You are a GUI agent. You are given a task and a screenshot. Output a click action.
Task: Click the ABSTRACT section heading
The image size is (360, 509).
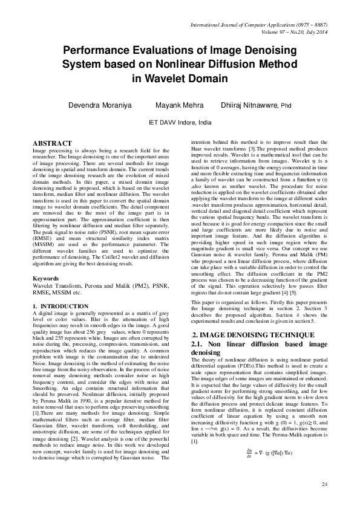(x=52, y=143)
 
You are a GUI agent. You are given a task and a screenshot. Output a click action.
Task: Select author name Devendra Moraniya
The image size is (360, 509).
(x=99, y=105)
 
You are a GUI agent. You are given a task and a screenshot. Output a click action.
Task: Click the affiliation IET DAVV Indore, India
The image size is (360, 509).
(x=180, y=122)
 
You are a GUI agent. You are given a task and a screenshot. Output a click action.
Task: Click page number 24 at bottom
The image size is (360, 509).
(x=324, y=484)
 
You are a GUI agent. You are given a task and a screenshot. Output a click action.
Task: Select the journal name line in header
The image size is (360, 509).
(x=258, y=25)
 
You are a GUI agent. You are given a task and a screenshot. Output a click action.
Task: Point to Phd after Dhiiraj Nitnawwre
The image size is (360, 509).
(x=285, y=106)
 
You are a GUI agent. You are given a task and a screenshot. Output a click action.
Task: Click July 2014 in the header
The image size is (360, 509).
(x=315, y=31)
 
